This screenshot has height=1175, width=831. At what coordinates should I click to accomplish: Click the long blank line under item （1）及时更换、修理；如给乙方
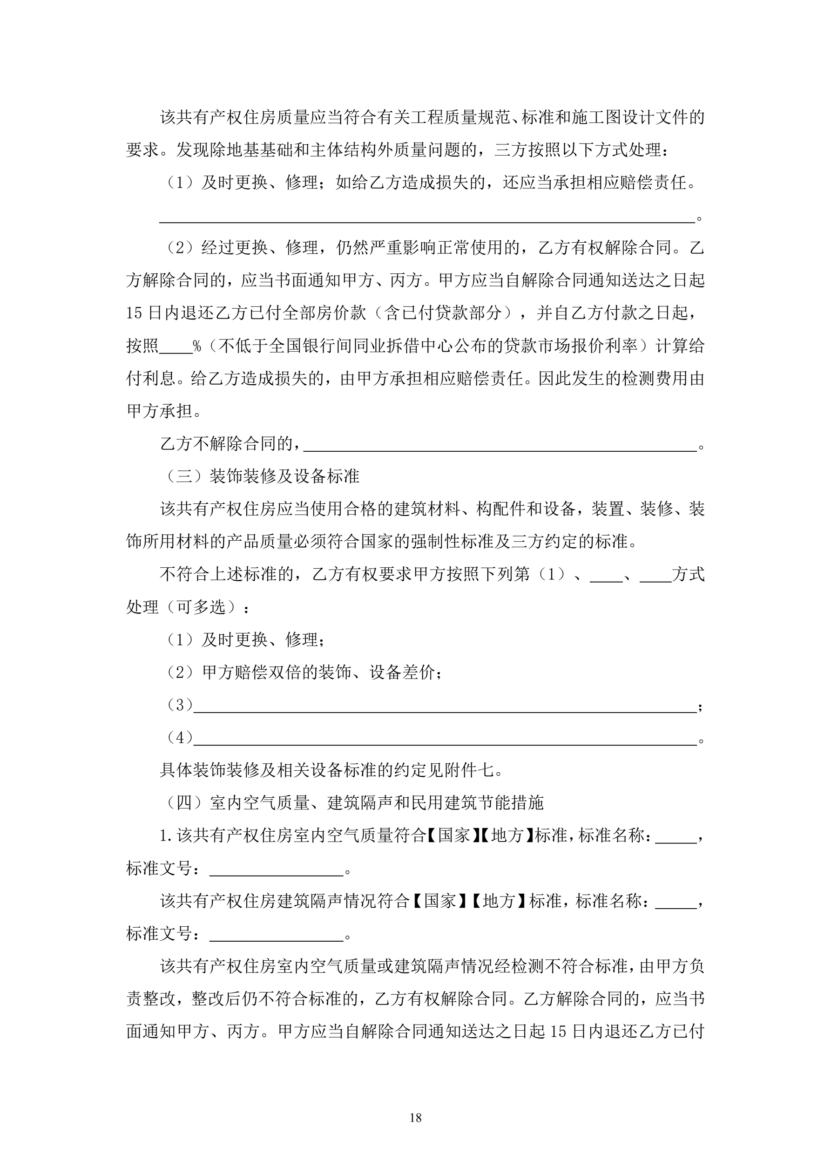pos(427,218)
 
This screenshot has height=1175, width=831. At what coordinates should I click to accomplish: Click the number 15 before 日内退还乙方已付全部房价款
pos(134,313)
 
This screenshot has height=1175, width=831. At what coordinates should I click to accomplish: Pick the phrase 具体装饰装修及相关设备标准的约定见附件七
pos(331,770)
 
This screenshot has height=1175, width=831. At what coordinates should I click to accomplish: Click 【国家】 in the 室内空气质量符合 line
pos(453,835)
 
